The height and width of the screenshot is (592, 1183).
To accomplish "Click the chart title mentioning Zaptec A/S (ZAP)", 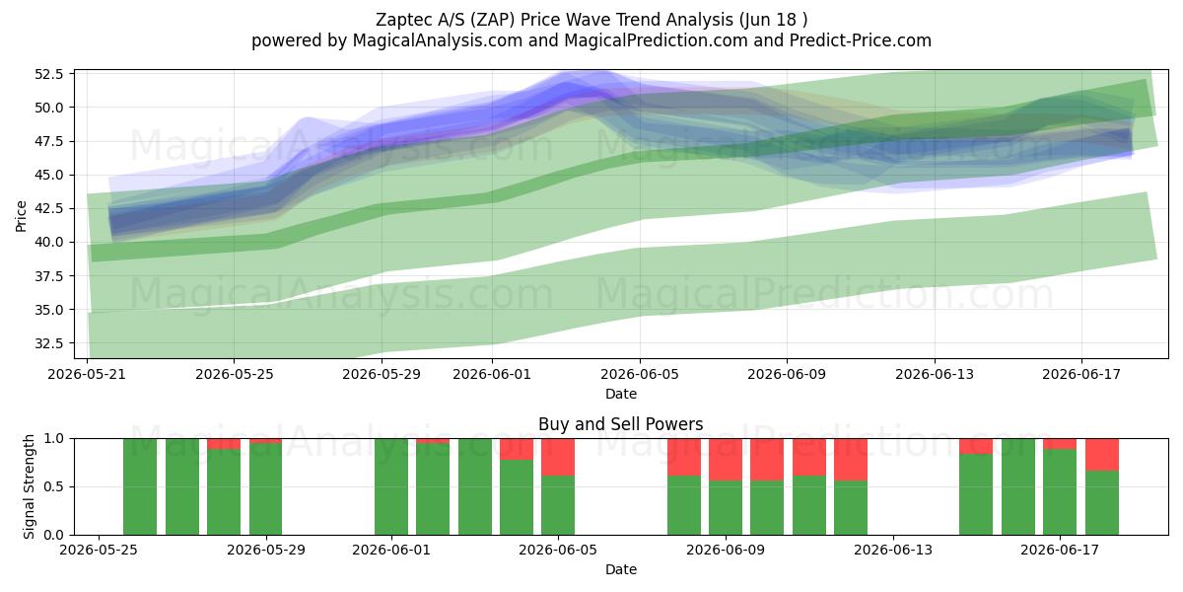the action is [x=591, y=20].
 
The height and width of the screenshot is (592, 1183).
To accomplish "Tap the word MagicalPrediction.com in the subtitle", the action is [x=656, y=40].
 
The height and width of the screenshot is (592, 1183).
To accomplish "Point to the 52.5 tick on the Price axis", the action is [x=48, y=74].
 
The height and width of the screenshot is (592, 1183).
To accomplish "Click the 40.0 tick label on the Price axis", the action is [x=48, y=242].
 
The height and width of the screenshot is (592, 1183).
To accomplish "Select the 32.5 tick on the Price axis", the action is [x=48, y=343].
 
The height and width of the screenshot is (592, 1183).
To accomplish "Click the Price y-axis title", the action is [x=21, y=216].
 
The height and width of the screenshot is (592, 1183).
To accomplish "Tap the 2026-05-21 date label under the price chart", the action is [x=87, y=374].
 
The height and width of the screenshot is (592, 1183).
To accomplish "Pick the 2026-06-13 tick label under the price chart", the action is [x=935, y=374].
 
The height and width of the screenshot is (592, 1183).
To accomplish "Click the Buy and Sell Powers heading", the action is [x=620, y=424].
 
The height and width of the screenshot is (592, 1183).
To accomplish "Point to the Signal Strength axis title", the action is [x=29, y=486].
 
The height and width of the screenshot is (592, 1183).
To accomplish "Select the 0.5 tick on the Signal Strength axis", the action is [x=54, y=486].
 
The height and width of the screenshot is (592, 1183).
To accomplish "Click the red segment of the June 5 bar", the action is [x=558, y=457].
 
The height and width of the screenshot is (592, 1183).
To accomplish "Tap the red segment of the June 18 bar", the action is [x=1102, y=455].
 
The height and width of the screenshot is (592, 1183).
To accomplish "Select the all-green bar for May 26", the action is [x=140, y=486].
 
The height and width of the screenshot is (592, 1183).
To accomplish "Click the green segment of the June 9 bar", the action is [x=726, y=507].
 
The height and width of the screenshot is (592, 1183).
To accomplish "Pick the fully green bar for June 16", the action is [x=1018, y=486].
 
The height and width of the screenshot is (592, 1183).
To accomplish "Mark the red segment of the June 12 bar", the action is [x=851, y=460].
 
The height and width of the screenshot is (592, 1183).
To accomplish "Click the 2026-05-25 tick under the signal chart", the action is [x=99, y=551].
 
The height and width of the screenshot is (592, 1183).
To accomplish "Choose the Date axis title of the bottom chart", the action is [x=620, y=569].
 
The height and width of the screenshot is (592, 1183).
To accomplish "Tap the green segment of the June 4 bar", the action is [x=517, y=497].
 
